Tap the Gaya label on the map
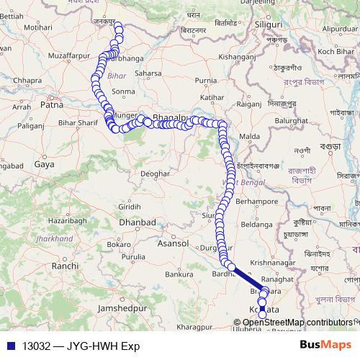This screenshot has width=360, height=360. coord(45,164)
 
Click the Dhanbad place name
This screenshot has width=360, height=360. coord(138,223)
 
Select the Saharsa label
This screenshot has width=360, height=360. coord(148,73)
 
